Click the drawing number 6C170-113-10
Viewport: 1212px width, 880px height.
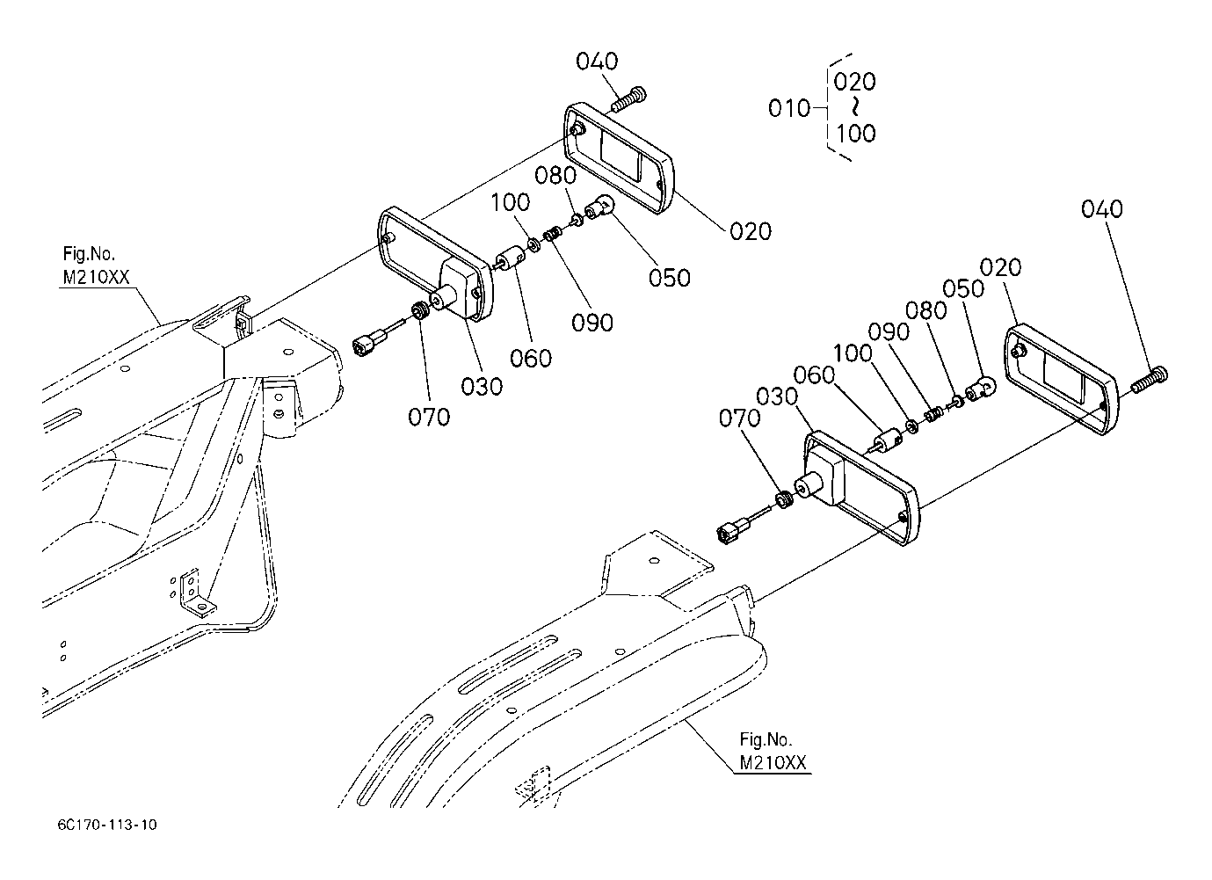tap(107, 825)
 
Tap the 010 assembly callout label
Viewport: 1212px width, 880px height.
tap(789, 109)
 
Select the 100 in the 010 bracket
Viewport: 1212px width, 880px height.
tap(856, 133)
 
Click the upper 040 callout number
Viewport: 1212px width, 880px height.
tap(597, 62)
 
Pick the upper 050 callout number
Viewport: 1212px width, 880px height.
tap(670, 278)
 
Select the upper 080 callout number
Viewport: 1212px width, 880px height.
tap(555, 175)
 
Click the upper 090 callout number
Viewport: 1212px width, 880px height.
tap(592, 324)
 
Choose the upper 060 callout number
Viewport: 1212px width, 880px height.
tap(531, 359)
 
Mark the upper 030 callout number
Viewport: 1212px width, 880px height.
tap(482, 387)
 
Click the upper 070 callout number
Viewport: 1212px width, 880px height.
tap(429, 418)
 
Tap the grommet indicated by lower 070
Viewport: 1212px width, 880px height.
tap(782, 499)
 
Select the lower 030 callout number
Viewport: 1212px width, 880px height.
tap(776, 396)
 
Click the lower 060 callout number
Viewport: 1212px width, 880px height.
tap(814, 375)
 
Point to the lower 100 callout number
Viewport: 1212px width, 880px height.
tap(853, 353)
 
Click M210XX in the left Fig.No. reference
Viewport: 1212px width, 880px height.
tap(97, 278)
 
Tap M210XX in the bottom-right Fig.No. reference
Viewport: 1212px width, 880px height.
tap(773, 763)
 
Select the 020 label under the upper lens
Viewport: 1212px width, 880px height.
tap(750, 231)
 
